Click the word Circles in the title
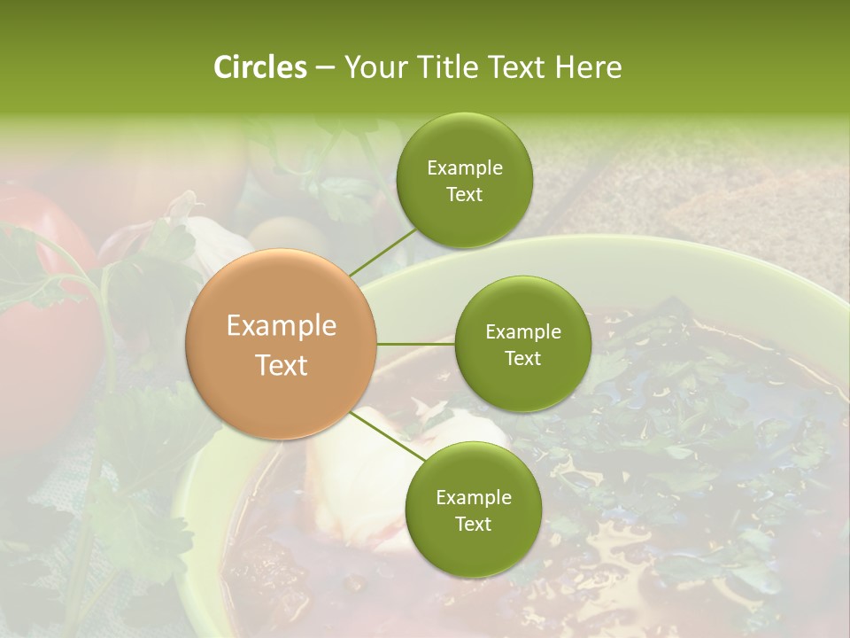pyautogui.click(x=259, y=67)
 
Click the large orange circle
pyautogui.click(x=281, y=344)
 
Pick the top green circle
pyautogui.click(x=464, y=181)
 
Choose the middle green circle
pyautogui.click(x=522, y=344)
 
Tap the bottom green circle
pyautogui.click(x=473, y=510)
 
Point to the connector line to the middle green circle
pyautogui.click(x=416, y=344)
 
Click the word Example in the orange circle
pyautogui.click(x=281, y=326)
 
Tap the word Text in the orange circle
pyautogui.click(x=281, y=365)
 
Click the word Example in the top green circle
pyautogui.click(x=464, y=167)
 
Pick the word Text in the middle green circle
pyautogui.click(x=522, y=358)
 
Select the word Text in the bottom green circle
pyautogui.click(x=473, y=524)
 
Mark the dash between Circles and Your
pyautogui.click(x=325, y=67)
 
